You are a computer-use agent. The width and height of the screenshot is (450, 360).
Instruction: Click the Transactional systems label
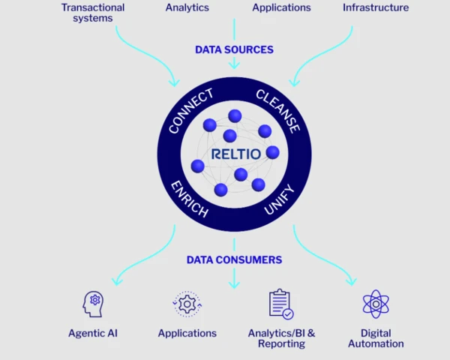93,13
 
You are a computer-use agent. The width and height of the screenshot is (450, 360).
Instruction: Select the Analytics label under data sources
187,7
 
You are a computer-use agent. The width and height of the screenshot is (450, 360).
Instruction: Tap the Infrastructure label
375,7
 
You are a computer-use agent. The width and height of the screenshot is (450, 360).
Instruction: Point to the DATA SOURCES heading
234,49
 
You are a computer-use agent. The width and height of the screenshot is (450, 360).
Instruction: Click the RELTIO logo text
234,154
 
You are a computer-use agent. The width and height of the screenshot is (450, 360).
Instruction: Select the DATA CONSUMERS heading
234,259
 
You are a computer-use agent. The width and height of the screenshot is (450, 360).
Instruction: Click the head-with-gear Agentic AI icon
93,304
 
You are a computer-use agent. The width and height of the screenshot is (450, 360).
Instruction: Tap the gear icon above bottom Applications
187,304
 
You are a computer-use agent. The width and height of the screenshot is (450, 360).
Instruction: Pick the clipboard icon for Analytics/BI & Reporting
280,304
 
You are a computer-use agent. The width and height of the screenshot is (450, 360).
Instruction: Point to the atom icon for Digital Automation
376,304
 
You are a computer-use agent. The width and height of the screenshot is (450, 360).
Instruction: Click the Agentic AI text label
93,333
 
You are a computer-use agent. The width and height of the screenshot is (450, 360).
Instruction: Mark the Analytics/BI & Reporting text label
281,338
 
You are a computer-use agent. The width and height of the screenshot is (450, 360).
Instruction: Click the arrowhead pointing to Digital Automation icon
351,281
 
